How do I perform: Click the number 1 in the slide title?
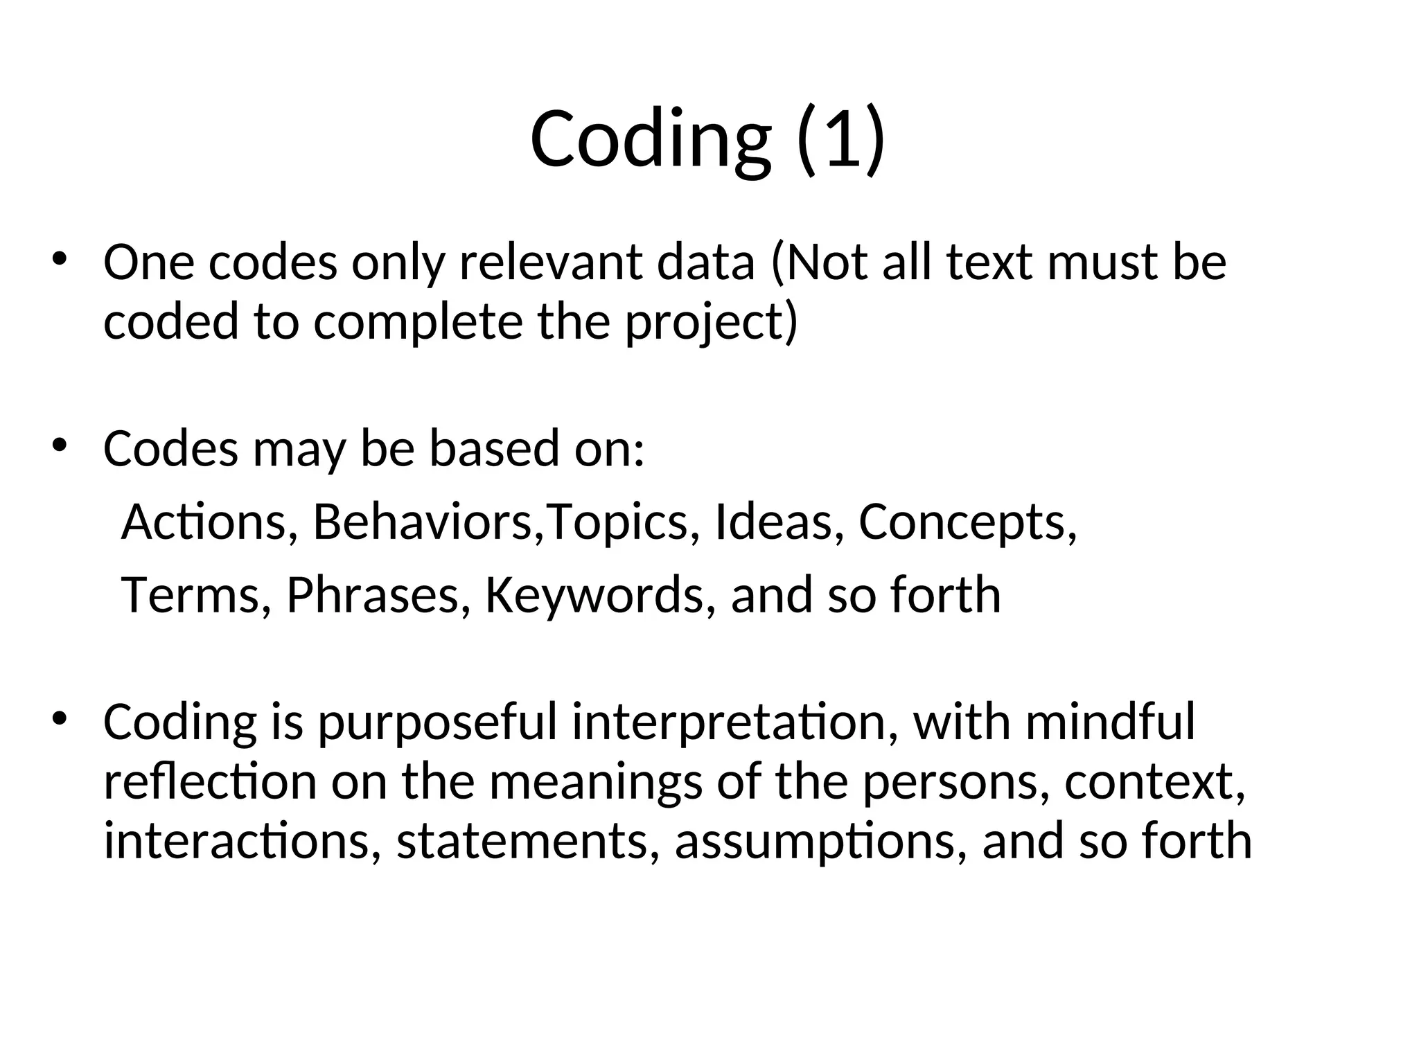pos(840,139)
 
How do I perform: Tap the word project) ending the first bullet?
pos(712,323)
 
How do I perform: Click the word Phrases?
pos(373,595)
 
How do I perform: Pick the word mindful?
pos(1110,722)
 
